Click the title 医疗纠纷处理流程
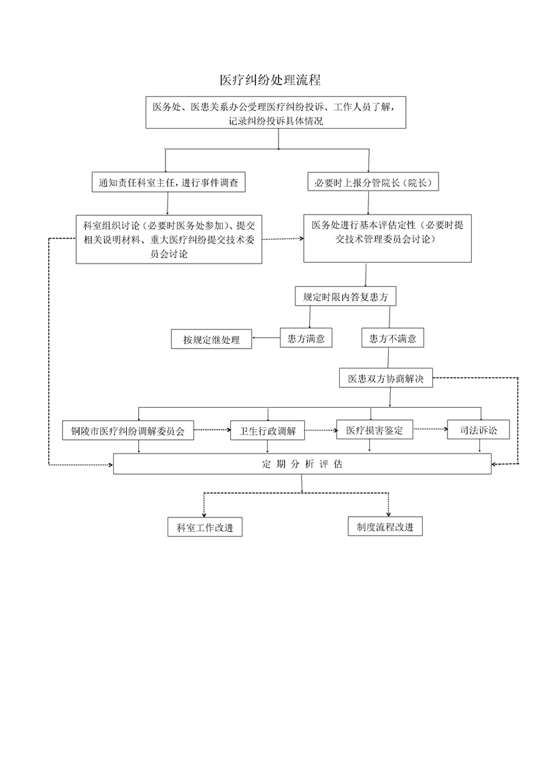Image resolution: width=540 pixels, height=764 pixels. (270, 80)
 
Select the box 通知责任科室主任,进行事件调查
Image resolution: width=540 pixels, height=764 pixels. (169, 182)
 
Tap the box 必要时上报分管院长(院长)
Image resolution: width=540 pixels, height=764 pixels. (373, 182)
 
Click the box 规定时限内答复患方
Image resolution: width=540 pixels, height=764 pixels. (345, 296)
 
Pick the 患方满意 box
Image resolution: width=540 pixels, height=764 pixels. (306, 338)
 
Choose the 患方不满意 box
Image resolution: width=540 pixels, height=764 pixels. (393, 338)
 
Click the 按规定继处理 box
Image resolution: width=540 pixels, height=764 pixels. (212, 339)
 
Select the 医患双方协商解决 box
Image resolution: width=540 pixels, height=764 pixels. (386, 378)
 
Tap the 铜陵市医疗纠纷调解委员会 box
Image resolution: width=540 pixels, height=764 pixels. (128, 430)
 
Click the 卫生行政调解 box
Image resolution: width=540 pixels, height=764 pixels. (268, 430)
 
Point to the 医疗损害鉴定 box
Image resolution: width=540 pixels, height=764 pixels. (375, 429)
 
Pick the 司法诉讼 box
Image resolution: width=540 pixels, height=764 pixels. (479, 429)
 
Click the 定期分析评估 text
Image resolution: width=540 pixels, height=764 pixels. (302, 464)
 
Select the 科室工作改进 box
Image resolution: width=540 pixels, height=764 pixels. (205, 527)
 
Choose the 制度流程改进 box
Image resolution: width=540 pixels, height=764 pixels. (385, 526)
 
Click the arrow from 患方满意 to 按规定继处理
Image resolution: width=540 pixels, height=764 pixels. (266, 338)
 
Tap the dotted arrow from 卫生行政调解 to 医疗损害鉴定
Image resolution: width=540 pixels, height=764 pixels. (321, 430)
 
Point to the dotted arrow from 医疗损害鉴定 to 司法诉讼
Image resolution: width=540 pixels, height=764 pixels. (430, 429)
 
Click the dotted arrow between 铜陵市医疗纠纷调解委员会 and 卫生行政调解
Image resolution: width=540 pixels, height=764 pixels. (212, 430)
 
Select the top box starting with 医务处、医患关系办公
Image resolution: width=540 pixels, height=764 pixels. (276, 112)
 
